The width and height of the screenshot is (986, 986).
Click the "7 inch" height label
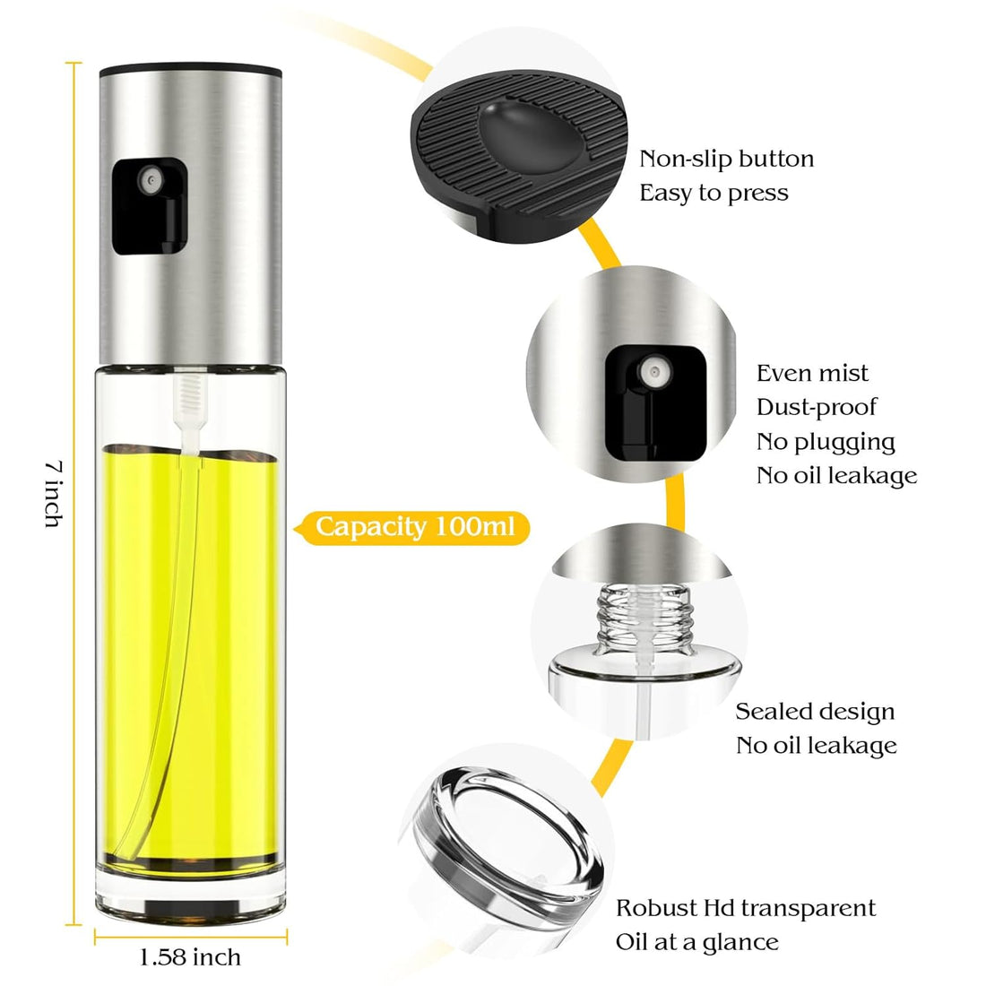(x=54, y=494)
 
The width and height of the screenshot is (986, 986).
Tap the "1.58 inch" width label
(x=190, y=957)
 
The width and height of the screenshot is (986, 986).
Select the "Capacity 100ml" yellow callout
(x=412, y=527)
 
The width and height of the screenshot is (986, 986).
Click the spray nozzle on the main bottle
(x=151, y=181)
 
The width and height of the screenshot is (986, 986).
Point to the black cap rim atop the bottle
(x=191, y=67)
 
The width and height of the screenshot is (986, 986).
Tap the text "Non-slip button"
(x=726, y=159)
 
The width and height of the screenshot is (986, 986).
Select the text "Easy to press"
(x=714, y=193)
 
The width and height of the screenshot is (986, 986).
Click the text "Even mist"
(x=812, y=373)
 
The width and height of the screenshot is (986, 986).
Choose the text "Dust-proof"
(x=817, y=408)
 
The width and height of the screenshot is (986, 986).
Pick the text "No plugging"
(x=826, y=442)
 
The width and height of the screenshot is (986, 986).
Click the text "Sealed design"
(x=815, y=711)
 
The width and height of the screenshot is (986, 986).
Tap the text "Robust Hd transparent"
(x=746, y=908)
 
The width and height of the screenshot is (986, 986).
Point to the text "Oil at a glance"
(x=696, y=942)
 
